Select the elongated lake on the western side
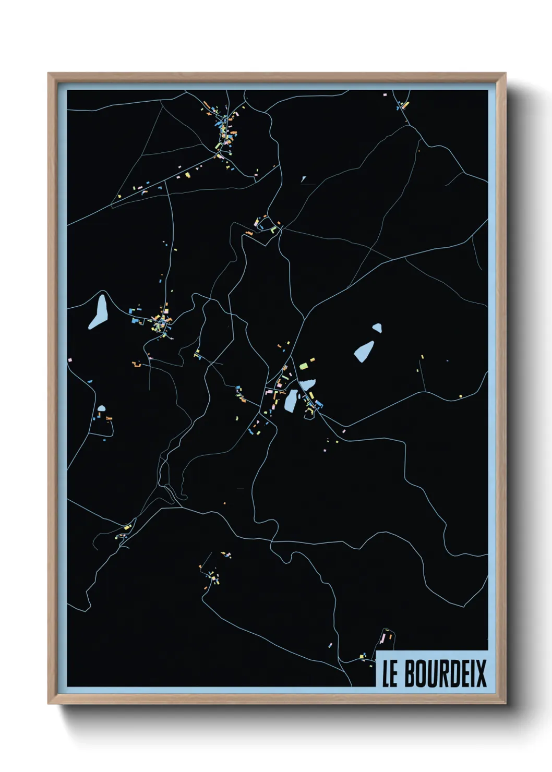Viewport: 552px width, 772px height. coord(98,312)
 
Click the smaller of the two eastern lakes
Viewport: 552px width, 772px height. coord(377,328)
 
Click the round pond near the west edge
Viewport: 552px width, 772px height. coord(101,408)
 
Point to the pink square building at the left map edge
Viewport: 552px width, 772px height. coord(69,360)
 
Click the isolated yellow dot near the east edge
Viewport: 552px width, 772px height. coord(460,396)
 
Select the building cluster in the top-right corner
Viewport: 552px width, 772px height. coord(402,105)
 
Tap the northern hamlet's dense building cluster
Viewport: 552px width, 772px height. coord(226,128)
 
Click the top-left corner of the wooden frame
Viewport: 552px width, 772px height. coord(49,74)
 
